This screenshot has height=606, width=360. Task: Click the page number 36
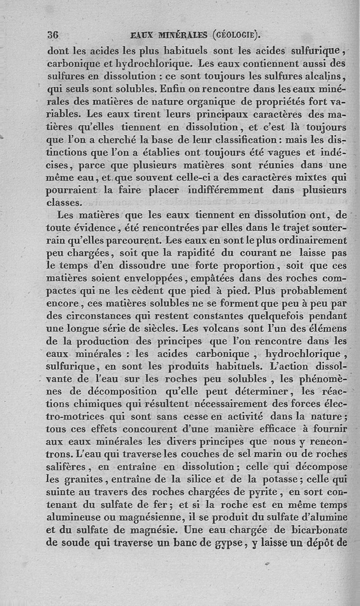coord(53,34)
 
